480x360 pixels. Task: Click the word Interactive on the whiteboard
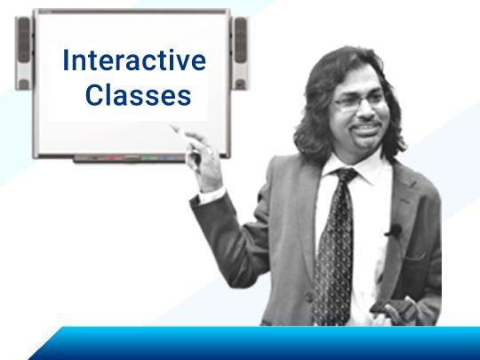tap(134, 60)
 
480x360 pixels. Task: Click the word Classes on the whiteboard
tap(139, 94)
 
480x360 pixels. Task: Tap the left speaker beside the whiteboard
tap(24, 53)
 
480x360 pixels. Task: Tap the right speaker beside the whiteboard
tap(240, 53)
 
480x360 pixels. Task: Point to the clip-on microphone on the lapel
tap(395, 231)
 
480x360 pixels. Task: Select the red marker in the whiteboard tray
tap(114, 158)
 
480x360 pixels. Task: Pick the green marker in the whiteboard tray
tap(149, 158)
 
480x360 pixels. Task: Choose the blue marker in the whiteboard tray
tap(168, 158)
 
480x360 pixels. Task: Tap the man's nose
tap(366, 113)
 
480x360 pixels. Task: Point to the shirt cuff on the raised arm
tap(212, 196)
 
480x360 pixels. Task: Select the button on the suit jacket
tap(309, 296)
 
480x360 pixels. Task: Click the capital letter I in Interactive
tap(65, 60)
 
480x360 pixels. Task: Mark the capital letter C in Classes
tap(93, 95)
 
